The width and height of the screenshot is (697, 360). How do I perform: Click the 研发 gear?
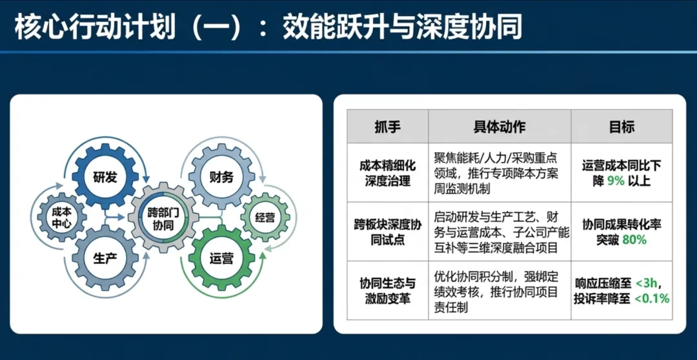[105, 176]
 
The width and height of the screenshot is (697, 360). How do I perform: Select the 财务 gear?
[221, 176]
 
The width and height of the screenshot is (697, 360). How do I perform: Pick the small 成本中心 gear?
[61, 217]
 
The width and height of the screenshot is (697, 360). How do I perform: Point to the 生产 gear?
[105, 258]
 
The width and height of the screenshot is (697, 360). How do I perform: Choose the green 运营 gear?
[221, 258]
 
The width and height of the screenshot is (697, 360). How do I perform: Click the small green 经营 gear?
[265, 217]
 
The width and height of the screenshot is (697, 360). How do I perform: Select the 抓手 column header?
[387, 126]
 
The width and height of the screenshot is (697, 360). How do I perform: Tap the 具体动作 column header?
[499, 126]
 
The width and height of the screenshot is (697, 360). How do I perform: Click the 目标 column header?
[621, 126]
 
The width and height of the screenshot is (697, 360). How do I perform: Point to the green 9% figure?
[616, 181]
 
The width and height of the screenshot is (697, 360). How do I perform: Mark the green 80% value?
[634, 240]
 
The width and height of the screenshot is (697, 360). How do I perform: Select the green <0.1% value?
[652, 299]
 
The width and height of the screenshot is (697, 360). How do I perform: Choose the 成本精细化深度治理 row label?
[387, 173]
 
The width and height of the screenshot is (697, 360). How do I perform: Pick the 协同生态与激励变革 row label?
[387, 291]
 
